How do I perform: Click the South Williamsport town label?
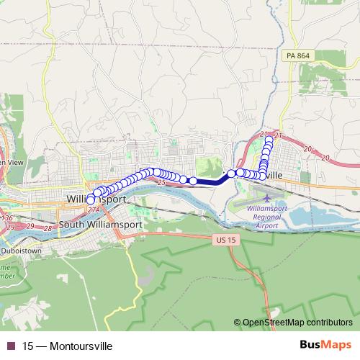pos(100,224)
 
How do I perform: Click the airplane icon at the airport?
pos(269,196)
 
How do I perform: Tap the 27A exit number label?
pos(94,210)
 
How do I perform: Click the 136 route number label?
pos(8,217)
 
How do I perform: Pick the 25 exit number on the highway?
pos(160,184)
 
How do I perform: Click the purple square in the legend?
pos(11,346)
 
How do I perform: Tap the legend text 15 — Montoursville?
pos(68,346)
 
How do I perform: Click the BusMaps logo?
pos(327,345)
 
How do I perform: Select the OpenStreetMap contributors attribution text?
pos(297,323)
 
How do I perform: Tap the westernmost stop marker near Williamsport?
pos(91,199)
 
